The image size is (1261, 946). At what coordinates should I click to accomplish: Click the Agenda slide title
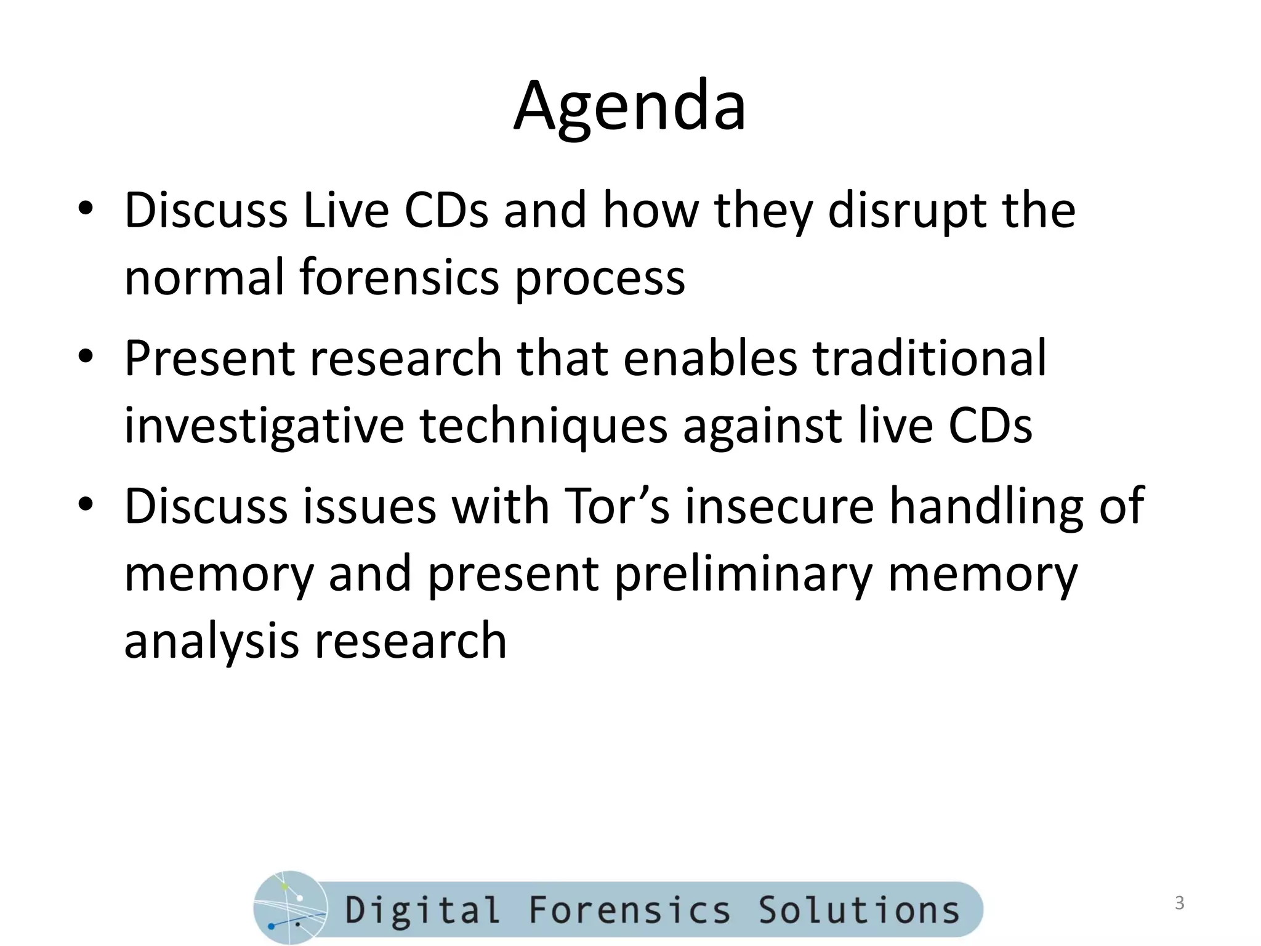pyautogui.click(x=629, y=106)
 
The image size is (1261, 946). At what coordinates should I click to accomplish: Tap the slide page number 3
pyautogui.click(x=1179, y=903)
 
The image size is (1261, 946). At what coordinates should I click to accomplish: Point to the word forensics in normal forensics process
pyautogui.click(x=400, y=277)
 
